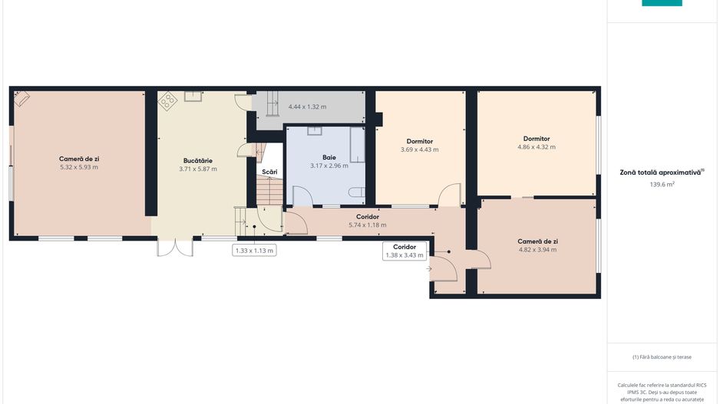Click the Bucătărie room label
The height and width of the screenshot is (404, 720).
click(197, 160)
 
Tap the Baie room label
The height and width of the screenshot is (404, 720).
click(329, 157)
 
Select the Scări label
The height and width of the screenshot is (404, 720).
click(269, 171)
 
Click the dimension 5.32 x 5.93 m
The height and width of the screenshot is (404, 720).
click(79, 166)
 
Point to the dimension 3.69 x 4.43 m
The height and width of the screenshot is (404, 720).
click(419, 149)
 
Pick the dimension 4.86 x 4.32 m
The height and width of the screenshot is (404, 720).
click(537, 146)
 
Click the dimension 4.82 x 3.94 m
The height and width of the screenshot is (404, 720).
click(537, 249)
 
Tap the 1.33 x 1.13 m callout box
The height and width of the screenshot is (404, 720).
click(254, 250)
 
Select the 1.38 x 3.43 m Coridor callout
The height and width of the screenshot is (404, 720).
click(405, 251)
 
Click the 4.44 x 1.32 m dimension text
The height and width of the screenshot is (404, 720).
click(307, 107)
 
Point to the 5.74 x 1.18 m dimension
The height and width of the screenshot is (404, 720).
click(368, 225)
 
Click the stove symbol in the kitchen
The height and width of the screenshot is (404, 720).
click(168, 100)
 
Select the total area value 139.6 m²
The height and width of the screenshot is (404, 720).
click(662, 184)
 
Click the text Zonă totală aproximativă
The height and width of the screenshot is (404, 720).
click(661, 172)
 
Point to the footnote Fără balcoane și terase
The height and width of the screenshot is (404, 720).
click(662, 356)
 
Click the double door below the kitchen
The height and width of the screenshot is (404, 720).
click(175, 247)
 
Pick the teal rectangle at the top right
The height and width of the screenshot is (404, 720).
click(662, 3)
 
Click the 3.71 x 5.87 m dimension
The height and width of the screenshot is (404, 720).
click(197, 169)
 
